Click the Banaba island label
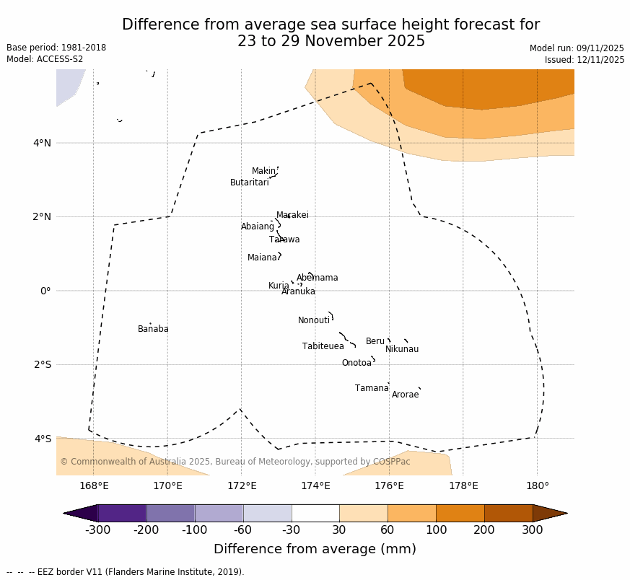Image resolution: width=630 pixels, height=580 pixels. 153,330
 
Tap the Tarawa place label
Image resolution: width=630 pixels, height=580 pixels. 284,240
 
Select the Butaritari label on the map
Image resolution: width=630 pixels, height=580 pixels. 249,183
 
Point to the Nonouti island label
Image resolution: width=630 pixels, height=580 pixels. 313,321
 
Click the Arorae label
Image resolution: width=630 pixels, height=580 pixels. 405,395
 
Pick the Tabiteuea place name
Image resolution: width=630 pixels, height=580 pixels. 323,347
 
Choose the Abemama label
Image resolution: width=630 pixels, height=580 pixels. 317,278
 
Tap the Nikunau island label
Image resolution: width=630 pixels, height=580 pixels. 401,350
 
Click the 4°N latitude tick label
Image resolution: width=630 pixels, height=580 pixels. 42,143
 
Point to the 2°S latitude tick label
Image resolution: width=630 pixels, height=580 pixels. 42,364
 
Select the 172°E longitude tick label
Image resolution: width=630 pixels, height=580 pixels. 241,486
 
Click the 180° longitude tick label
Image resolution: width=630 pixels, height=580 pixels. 537,486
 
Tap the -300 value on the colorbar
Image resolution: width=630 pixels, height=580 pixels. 97,530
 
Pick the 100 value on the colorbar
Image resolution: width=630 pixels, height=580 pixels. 436,530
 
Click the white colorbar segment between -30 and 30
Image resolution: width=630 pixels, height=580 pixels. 315,513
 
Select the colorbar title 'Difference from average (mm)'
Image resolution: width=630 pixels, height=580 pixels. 315,550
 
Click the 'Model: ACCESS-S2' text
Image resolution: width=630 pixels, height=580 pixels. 45,60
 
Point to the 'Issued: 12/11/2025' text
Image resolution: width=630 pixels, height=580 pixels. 585,61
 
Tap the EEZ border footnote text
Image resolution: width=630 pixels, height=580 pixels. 126,573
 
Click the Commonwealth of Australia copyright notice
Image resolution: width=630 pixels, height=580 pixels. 235,462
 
